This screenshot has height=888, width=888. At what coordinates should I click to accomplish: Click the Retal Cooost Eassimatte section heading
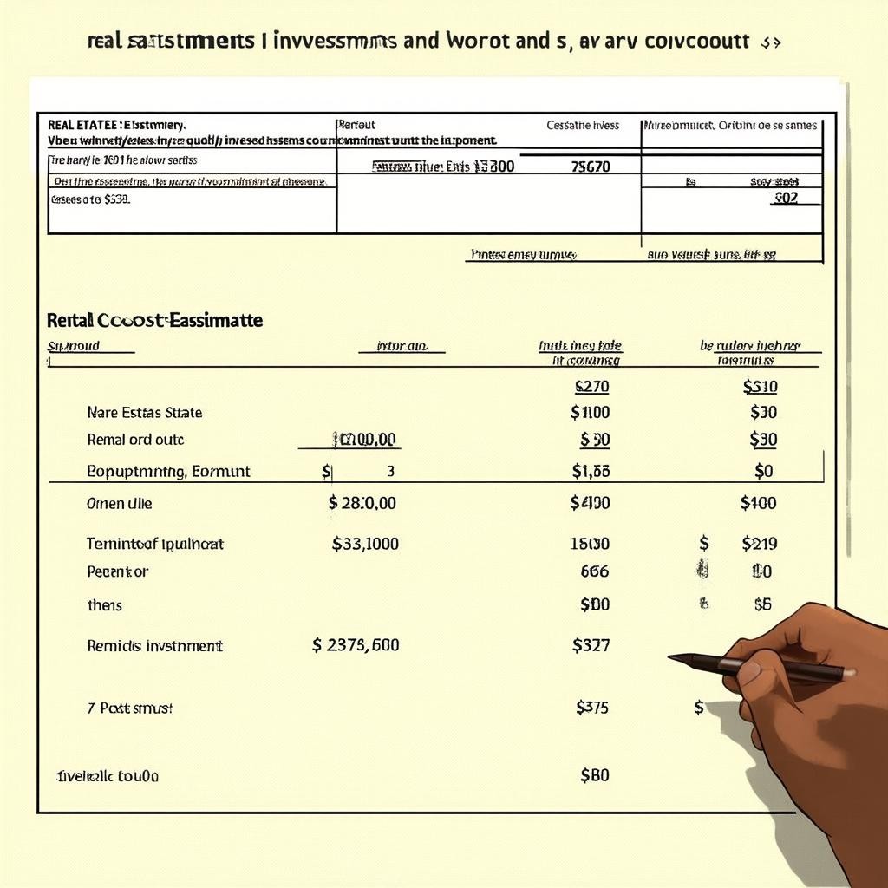point(154,320)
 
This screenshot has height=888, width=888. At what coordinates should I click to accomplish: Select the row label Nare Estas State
point(145,413)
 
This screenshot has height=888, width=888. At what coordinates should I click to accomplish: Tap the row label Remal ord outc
point(135,440)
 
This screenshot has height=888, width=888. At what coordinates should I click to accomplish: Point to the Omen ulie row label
point(120,503)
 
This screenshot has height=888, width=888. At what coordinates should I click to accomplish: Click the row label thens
point(105,605)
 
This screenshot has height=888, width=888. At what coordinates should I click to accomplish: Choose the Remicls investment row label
point(155,646)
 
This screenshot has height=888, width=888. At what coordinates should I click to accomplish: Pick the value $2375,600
point(356,645)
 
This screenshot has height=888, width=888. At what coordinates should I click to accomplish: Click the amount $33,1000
point(365,545)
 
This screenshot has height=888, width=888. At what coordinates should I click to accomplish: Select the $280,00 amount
point(362,503)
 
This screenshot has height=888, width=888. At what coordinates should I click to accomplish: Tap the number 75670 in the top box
point(592,166)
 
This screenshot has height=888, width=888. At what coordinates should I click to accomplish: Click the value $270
point(592,387)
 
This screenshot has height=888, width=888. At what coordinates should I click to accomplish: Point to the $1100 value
point(590,413)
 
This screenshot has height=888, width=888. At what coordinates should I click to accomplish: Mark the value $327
point(591,645)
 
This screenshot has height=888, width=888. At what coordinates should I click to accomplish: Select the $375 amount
point(591,708)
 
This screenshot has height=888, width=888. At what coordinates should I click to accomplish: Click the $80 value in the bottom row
point(594,775)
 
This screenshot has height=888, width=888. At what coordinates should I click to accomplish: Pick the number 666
point(594,571)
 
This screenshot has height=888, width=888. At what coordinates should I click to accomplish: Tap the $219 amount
point(760,545)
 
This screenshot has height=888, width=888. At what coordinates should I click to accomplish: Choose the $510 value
point(760,387)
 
